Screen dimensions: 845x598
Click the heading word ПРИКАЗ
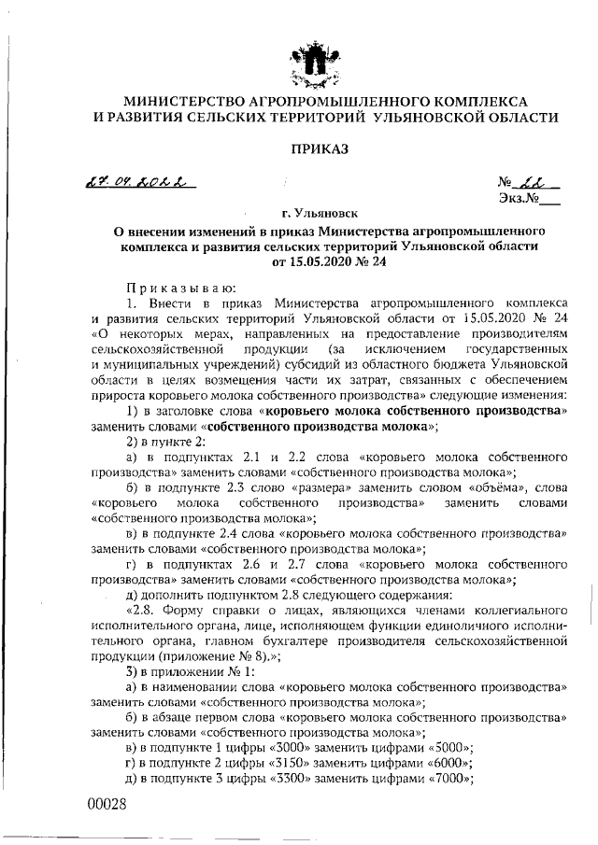(319, 148)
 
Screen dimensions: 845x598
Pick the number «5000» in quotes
(448, 749)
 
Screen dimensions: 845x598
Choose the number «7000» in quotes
(448, 781)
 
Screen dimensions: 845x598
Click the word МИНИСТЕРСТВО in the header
(183, 100)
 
